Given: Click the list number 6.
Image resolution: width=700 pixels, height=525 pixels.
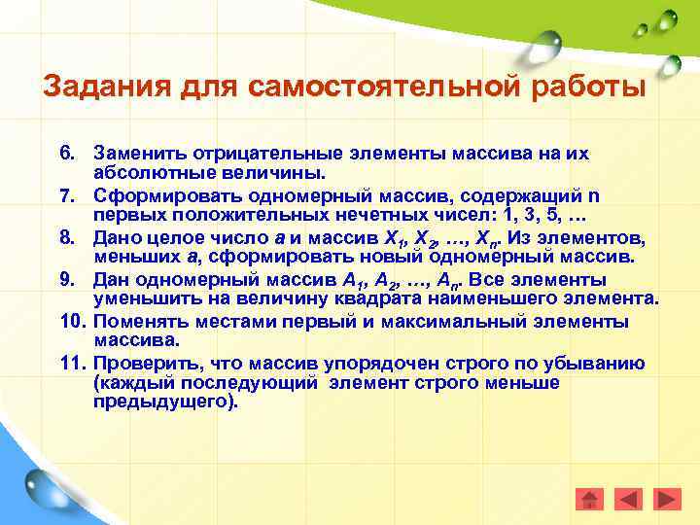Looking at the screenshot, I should pyautogui.click(x=66, y=154).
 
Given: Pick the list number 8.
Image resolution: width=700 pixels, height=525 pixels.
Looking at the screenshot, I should pyautogui.click(x=66, y=237).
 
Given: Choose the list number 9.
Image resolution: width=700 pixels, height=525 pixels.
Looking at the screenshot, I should pyautogui.click(x=66, y=279).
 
